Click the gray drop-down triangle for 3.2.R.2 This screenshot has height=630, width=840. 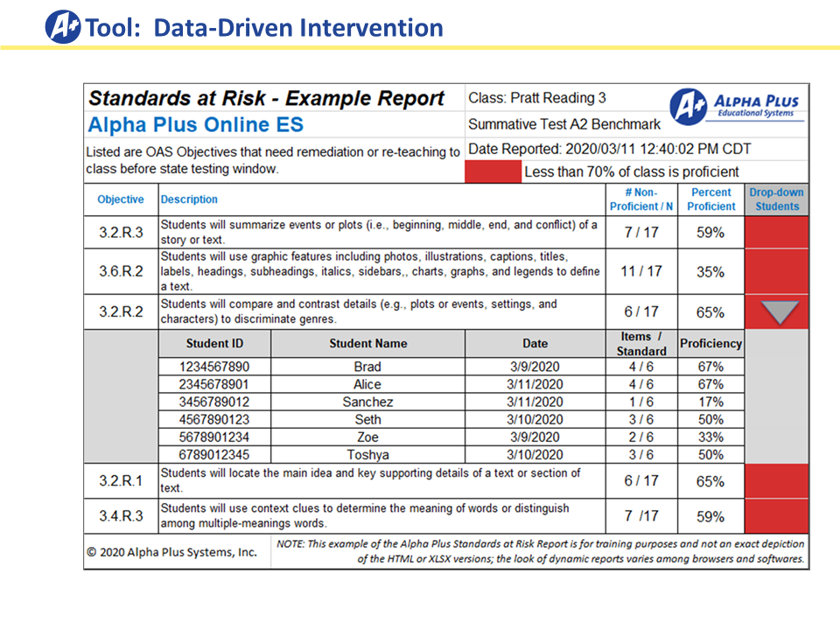pos(780,311)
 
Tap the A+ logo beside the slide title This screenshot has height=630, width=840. pos(63,27)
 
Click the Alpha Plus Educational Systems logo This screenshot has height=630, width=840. pos(737,107)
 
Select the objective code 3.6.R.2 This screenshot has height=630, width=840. pos(121,271)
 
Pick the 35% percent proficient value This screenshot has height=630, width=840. pos(710,271)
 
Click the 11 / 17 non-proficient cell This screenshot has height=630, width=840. pos(641,271)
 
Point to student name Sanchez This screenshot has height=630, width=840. pos(367,402)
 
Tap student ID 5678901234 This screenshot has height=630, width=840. pos(214,437)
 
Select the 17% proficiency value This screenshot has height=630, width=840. pos(710,402)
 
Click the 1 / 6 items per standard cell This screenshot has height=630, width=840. pos(641,402)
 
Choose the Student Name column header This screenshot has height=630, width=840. pos(368,343)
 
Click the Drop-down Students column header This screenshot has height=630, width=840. pos(777,199)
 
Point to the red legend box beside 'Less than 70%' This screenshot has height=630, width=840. pos(493,172)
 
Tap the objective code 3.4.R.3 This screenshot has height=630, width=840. pos(121,516)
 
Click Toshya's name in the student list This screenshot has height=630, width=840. pos(367,455)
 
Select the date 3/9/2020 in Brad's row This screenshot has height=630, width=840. pos(535,367)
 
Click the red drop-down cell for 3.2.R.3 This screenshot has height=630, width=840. pos(777,232)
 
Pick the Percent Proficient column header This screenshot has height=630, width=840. pos(710,199)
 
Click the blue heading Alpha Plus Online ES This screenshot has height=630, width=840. pos(195,125)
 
